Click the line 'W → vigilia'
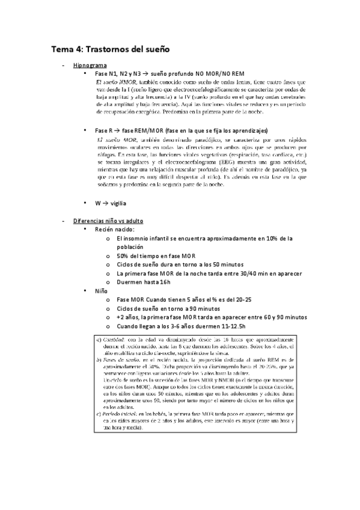111,204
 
